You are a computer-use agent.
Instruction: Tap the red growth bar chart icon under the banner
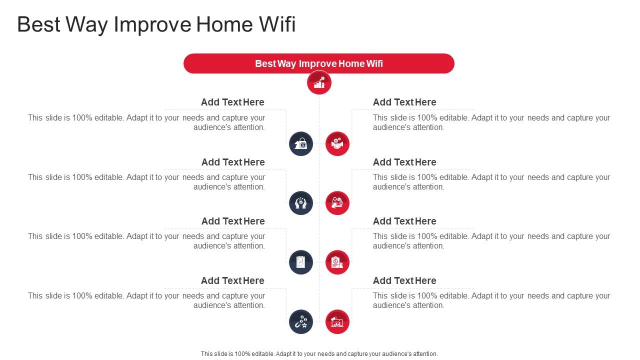coord(319,82)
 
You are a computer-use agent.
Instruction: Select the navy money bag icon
coord(301,144)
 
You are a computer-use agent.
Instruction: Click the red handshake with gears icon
coord(337,144)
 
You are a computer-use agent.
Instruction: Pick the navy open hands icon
coord(301,203)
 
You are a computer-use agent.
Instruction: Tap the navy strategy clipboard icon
coord(301,262)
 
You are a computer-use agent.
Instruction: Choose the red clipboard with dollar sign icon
coord(337,262)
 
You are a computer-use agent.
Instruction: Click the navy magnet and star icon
coord(301,321)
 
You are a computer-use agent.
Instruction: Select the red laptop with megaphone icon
coord(337,321)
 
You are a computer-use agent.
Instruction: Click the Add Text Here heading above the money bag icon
coord(232,102)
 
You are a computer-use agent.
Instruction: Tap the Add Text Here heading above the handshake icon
coord(404,102)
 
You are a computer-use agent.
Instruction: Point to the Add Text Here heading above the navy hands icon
coord(232,162)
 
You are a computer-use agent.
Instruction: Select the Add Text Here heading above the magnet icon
coord(232,280)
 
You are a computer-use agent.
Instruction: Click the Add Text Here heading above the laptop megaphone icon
coord(404,280)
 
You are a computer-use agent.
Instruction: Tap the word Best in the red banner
coord(265,63)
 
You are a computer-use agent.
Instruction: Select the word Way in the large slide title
coord(83,24)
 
